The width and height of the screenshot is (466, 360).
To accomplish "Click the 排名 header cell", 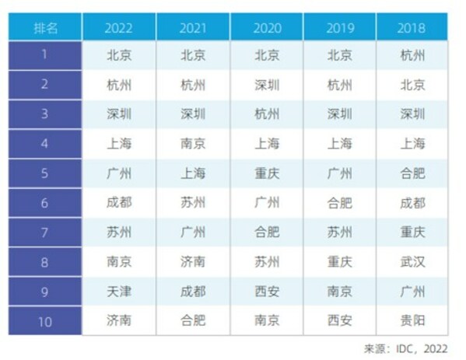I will pos(44,27).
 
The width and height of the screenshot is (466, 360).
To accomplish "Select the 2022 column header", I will pos(119,27).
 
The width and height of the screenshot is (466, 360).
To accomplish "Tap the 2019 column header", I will pos(340,27).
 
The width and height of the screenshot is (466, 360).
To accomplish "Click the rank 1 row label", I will pos(44,55).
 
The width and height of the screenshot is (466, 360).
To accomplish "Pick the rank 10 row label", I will pos(44,320).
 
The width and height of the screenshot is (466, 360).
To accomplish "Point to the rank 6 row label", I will pos(44,203).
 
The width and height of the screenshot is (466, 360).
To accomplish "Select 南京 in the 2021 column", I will pos(193,144).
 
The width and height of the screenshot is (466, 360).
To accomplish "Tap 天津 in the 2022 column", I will pos(119,291).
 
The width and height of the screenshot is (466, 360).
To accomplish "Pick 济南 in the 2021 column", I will pos(193,262).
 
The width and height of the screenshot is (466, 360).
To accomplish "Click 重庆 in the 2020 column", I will pos(267,173).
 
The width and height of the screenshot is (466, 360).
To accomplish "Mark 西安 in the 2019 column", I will pos(340,320).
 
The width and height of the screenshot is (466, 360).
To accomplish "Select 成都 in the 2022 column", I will pos(119,203).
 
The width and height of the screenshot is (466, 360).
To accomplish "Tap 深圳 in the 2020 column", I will pos(267,85).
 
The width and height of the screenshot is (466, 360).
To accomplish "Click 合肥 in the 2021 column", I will pos(193,320).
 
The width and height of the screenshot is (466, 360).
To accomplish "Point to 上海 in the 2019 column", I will pos(340,144).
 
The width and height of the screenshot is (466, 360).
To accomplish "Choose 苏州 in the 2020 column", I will pos(267,262).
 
